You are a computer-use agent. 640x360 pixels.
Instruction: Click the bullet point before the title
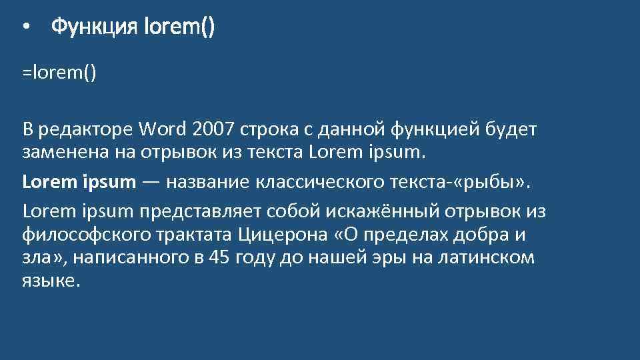(x=25, y=28)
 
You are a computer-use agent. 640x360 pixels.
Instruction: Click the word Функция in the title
(x=93, y=27)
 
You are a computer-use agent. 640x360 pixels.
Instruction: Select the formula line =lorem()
(x=59, y=71)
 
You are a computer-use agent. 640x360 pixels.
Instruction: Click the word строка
(x=274, y=128)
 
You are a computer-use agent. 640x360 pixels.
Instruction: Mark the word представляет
(x=200, y=211)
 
